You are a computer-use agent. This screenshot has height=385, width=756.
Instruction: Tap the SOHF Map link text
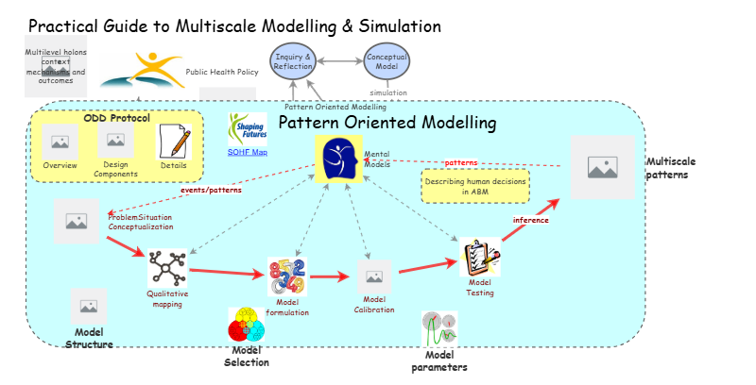tap(247, 151)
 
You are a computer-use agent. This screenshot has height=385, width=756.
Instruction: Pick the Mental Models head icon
tap(338, 159)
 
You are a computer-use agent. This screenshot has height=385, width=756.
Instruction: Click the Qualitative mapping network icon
tap(167, 268)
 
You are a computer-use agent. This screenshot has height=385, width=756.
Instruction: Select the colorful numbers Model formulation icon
tap(287, 276)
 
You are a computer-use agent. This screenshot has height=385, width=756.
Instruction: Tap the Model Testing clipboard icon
tap(480, 256)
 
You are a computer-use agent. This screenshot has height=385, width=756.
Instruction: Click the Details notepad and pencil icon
tap(174, 142)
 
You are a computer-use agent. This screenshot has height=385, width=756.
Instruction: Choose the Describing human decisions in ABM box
tap(475, 186)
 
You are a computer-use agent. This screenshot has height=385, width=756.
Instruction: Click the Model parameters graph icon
tap(439, 328)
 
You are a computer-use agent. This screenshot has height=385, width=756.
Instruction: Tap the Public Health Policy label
tap(223, 71)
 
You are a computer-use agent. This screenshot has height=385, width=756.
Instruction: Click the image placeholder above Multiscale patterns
tap(602, 167)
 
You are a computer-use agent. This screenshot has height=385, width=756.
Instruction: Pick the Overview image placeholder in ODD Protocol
tap(60, 142)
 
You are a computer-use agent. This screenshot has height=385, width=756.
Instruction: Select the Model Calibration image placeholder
tap(373, 277)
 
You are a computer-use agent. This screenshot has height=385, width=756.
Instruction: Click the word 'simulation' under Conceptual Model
tap(388, 92)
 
